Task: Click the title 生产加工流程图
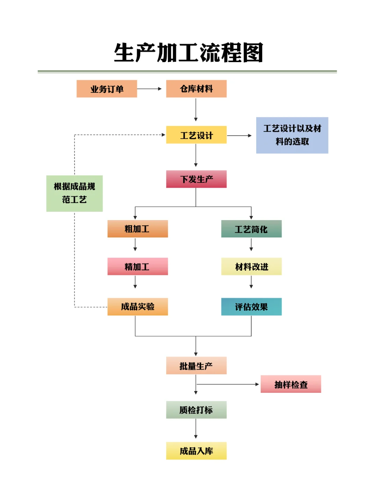[x=188, y=53]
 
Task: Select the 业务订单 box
[x=107, y=89]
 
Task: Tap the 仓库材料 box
[x=196, y=89]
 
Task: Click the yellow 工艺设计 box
[x=196, y=135]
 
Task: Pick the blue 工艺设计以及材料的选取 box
[x=292, y=135]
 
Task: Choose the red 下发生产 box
[x=196, y=179]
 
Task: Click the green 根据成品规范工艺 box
[x=74, y=193]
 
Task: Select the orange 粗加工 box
[x=138, y=229]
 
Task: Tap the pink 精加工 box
[x=138, y=267]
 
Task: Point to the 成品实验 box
[x=138, y=307]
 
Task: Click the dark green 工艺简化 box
[x=251, y=229]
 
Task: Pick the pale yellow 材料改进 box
[x=251, y=267]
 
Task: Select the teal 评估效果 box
[x=251, y=307]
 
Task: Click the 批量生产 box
[x=196, y=366]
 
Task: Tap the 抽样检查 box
[x=291, y=384]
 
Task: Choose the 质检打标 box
[x=196, y=410]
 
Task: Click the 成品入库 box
[x=196, y=451]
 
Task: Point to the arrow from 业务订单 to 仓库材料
[x=149, y=89]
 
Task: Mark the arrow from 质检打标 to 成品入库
[x=196, y=428]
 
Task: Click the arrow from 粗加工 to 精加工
[x=135, y=245]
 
